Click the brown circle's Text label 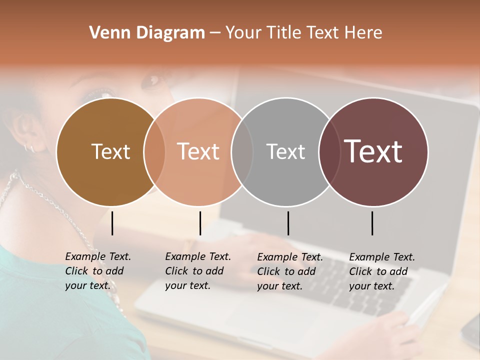point(110,151)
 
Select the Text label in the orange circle point(198,151)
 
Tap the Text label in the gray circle point(285,151)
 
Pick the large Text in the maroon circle point(373,151)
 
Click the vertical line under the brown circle point(112,223)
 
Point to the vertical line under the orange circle point(200,223)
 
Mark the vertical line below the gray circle point(288,223)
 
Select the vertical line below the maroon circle point(372,223)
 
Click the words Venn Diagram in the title point(147,33)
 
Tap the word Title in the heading point(284,33)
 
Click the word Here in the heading point(363,33)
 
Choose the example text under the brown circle point(97,271)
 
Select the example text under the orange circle point(197,271)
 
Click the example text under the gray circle point(289,271)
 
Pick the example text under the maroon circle point(381,271)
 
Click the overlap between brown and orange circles point(154,151)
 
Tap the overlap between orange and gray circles point(242,151)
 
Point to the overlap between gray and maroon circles point(329,151)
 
